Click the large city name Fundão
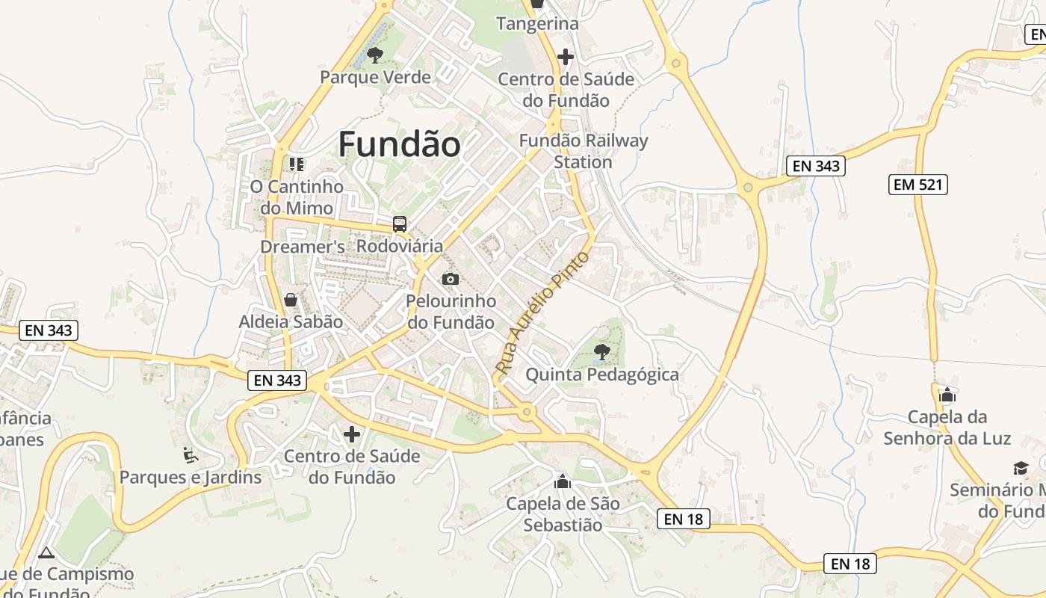[x=399, y=144]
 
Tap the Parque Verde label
[x=375, y=77]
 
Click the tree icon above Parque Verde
[x=375, y=55]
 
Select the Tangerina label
[x=537, y=24]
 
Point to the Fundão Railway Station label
[x=584, y=151]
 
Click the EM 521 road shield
[x=917, y=184]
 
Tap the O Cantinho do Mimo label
[x=297, y=197]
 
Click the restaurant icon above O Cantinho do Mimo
[x=297, y=164]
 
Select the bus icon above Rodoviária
[x=400, y=224]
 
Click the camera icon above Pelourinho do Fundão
[x=451, y=279]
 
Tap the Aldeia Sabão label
[x=291, y=322]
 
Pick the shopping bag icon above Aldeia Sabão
[x=291, y=300]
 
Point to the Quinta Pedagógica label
[x=602, y=374]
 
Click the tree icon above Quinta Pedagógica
[x=601, y=351]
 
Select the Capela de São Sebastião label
[x=563, y=514]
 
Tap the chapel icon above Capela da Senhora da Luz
[x=947, y=395]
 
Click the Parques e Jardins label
[x=191, y=477]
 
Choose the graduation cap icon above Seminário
[x=1021, y=468]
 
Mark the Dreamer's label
[x=303, y=247]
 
